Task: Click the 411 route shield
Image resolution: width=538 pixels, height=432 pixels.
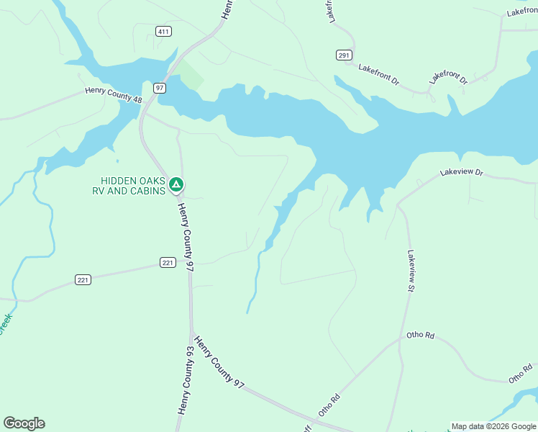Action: tap(163, 30)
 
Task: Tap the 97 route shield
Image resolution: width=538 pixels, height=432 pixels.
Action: tap(160, 88)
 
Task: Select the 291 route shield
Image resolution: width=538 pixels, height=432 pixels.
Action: tap(343, 55)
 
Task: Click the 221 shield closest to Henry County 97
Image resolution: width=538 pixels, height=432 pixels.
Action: tap(168, 263)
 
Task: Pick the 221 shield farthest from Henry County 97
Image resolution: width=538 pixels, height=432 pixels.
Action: tap(83, 279)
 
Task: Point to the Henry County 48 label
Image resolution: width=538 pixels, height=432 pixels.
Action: tap(114, 95)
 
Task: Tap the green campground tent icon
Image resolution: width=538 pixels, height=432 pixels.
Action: tap(175, 186)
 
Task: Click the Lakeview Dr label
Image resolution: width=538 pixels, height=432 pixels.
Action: tap(462, 173)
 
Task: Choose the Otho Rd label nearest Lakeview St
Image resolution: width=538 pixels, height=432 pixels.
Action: tap(421, 336)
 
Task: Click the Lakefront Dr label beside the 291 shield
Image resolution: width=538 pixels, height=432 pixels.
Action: tap(378, 74)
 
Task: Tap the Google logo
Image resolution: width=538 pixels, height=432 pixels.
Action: tap(24, 423)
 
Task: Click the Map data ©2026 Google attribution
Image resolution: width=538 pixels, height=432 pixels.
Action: tap(493, 426)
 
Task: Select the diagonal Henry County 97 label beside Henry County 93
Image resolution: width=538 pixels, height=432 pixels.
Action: tap(219, 363)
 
